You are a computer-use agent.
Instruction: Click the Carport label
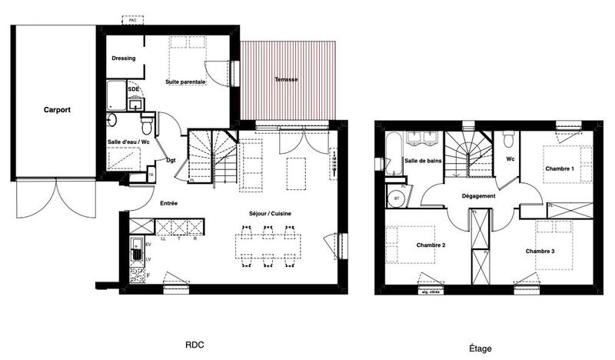click(57, 110)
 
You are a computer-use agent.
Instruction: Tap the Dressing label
click(124, 58)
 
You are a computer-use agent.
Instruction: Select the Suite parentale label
click(186, 81)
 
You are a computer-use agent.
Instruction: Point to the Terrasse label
click(286, 80)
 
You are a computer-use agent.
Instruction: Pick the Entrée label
click(169, 203)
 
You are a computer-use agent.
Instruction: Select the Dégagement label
click(478, 196)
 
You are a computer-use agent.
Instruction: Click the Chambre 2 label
click(431, 245)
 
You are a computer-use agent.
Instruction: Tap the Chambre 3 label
click(541, 252)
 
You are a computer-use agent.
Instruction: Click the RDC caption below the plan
click(194, 347)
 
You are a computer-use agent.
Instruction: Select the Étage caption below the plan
click(479, 348)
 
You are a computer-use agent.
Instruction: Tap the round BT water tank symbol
click(397, 196)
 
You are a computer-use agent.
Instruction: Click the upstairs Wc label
click(510, 159)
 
